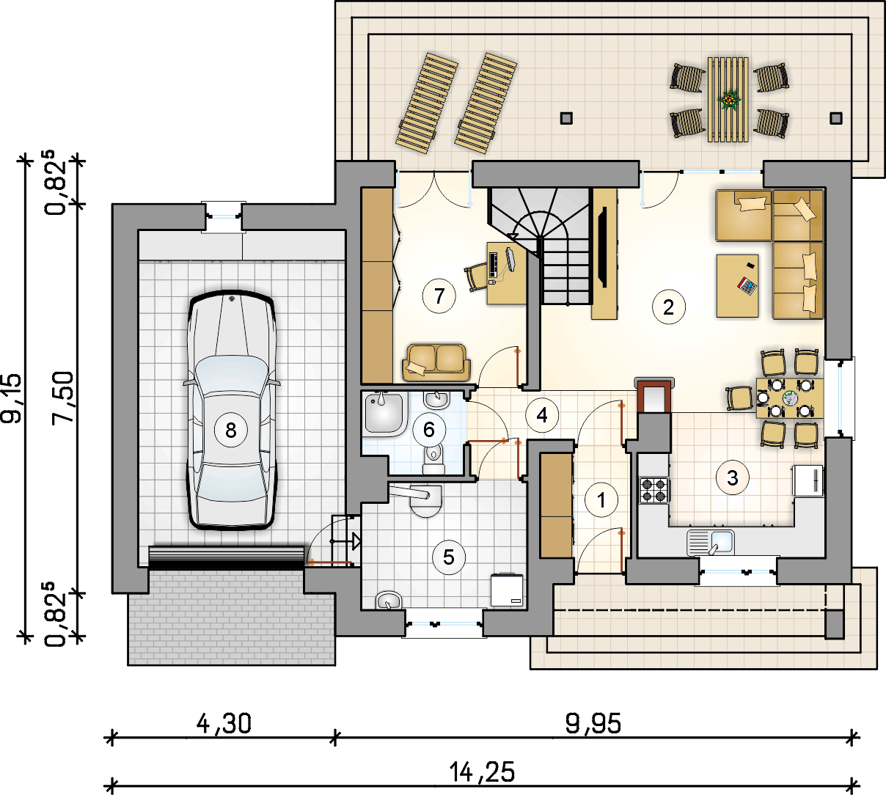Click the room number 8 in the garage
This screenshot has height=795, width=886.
[231, 431]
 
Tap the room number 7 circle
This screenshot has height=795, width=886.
[439, 296]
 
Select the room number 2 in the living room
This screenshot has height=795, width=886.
[669, 307]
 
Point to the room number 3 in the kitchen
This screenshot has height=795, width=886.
[733, 478]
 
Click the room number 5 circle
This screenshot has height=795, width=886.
[449, 557]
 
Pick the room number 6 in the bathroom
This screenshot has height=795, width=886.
[429, 430]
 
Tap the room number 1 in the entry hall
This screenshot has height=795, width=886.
[601, 500]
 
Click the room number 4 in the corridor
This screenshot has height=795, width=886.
[542, 415]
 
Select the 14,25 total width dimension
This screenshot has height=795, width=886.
[482, 772]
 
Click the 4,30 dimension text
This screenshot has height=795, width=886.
[224, 724]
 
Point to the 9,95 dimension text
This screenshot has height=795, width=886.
[593, 724]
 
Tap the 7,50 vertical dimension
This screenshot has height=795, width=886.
[62, 397]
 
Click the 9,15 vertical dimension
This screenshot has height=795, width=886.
[11, 398]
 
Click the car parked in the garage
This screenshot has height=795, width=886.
[232, 410]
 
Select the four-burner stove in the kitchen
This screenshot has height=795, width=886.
[654, 490]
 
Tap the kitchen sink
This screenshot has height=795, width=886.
[711, 543]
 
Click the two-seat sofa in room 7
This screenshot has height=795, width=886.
[436, 362]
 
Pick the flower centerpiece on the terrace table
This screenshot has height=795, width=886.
[728, 100]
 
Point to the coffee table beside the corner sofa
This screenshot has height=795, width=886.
[737, 286]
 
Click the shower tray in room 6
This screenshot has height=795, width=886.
[385, 414]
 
